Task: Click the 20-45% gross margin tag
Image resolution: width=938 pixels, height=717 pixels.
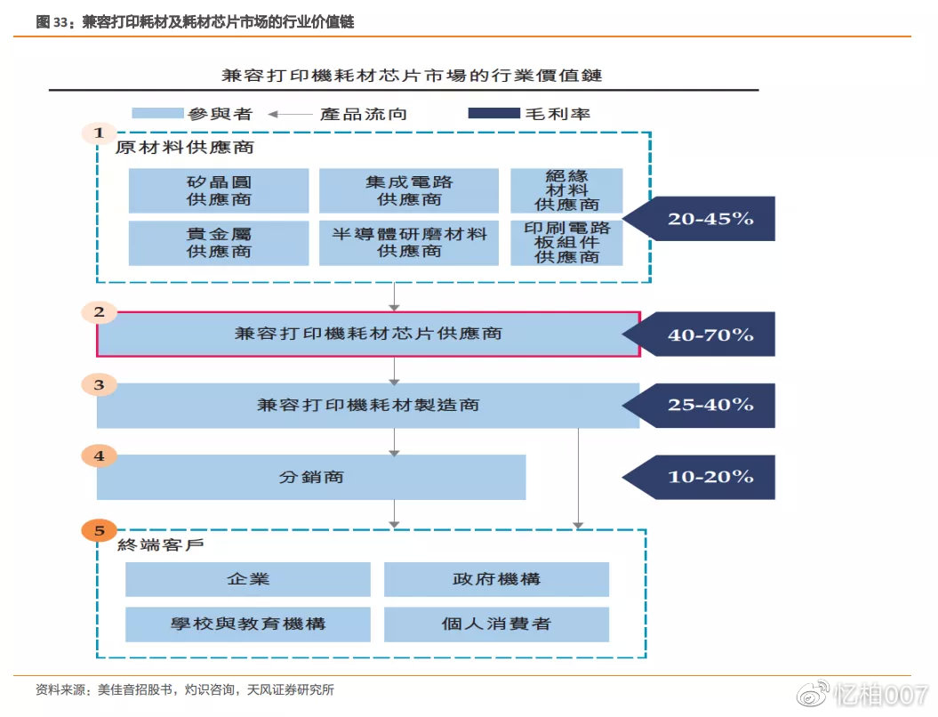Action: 708,218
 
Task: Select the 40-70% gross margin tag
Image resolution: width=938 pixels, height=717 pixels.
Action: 708,334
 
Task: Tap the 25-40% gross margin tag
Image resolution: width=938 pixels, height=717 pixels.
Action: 708,406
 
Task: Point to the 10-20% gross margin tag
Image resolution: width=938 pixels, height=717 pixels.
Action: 708,477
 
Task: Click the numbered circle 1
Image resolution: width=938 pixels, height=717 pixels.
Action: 100,133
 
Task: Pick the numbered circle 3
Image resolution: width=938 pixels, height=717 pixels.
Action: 100,385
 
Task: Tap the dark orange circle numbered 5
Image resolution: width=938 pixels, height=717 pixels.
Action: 100,531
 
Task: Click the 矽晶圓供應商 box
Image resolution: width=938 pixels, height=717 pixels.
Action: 219,190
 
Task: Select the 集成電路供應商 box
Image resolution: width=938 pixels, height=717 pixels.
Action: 409,190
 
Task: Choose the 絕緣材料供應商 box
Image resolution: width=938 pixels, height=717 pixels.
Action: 566,190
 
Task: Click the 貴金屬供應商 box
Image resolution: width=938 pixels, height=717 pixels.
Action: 219,243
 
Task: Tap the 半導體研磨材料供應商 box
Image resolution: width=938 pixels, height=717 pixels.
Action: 409,243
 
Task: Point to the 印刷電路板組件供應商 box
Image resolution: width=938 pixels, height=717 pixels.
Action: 566,243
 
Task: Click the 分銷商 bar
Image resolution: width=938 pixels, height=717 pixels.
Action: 311,478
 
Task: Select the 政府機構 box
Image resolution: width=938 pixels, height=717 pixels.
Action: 496,579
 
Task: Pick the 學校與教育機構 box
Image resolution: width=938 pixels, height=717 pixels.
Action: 248,624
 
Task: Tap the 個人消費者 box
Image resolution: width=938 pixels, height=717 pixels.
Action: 496,624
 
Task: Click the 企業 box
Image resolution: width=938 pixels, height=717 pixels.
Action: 248,579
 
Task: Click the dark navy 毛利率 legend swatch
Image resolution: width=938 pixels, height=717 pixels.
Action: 493,113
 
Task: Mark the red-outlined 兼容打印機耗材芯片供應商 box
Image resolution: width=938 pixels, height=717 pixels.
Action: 368,334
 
